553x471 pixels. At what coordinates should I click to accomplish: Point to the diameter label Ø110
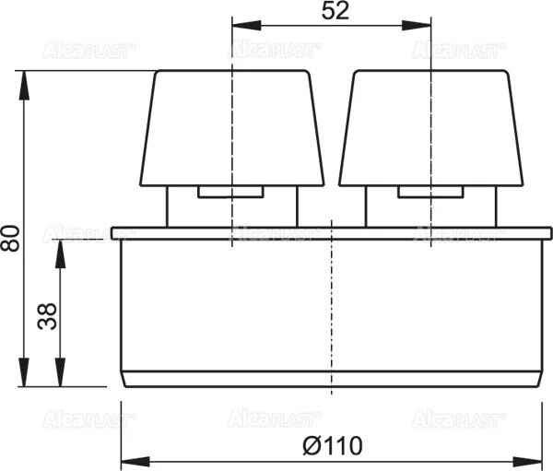point(332,445)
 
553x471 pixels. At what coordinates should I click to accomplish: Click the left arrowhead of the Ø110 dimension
point(128,458)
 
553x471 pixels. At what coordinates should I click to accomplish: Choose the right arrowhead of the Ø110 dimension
point(535,458)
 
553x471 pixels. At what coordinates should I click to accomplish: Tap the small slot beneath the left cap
point(231,193)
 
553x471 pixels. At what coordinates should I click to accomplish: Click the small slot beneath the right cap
point(431,193)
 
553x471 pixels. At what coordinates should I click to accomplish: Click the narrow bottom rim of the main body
point(332,378)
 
